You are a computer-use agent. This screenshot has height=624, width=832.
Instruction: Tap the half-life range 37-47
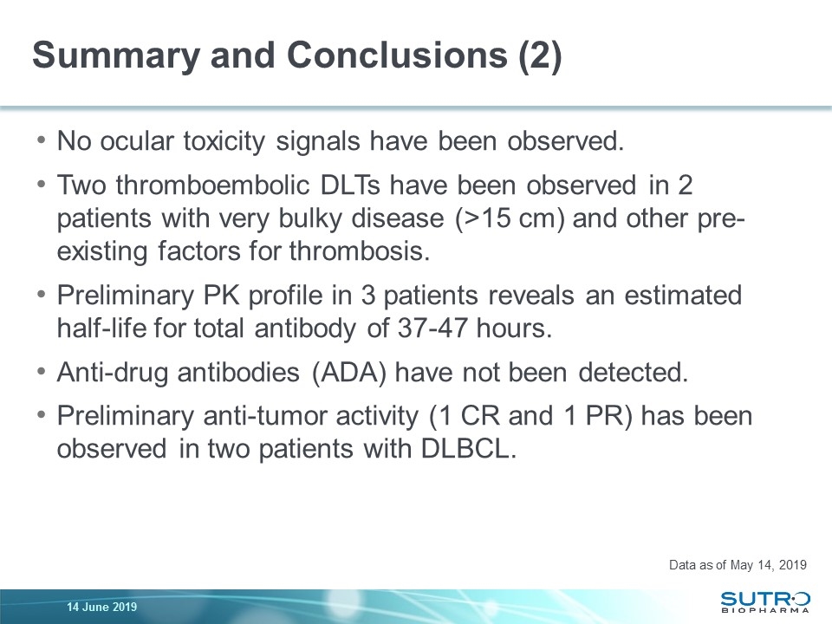464,328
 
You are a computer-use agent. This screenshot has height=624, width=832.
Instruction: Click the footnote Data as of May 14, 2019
738,565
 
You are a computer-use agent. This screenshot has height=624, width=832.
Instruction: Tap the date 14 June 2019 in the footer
101,606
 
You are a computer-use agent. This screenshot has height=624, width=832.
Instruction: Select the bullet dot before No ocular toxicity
42,140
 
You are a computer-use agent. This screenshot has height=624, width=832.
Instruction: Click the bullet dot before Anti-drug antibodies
42,372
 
